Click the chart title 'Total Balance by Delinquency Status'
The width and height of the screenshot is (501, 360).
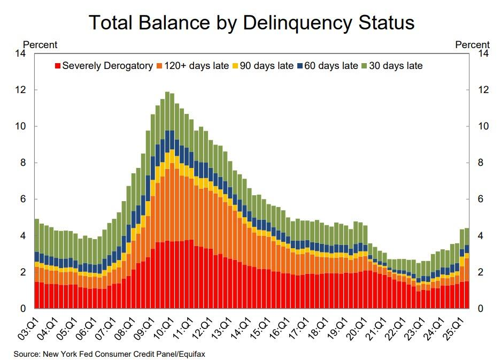tap(251, 23)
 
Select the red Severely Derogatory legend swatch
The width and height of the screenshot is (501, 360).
tap(58, 66)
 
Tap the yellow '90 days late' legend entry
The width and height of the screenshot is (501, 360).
tap(262, 66)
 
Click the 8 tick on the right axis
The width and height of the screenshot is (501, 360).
tap(483, 163)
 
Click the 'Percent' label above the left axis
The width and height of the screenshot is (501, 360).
tap(40, 45)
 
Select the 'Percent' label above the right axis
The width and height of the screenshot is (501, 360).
tap(472, 45)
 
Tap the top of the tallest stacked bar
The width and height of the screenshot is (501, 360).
tap(167, 93)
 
